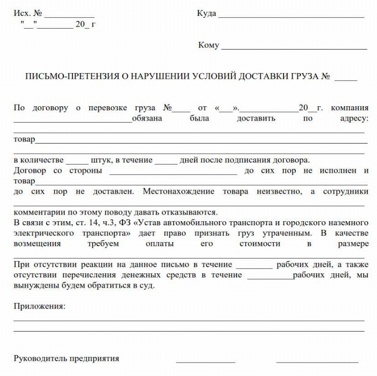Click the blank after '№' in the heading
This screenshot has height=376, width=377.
click(346, 80)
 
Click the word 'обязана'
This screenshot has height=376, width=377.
click(147, 118)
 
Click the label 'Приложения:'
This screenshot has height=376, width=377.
click(39, 307)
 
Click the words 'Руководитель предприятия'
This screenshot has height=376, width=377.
click(66, 358)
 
